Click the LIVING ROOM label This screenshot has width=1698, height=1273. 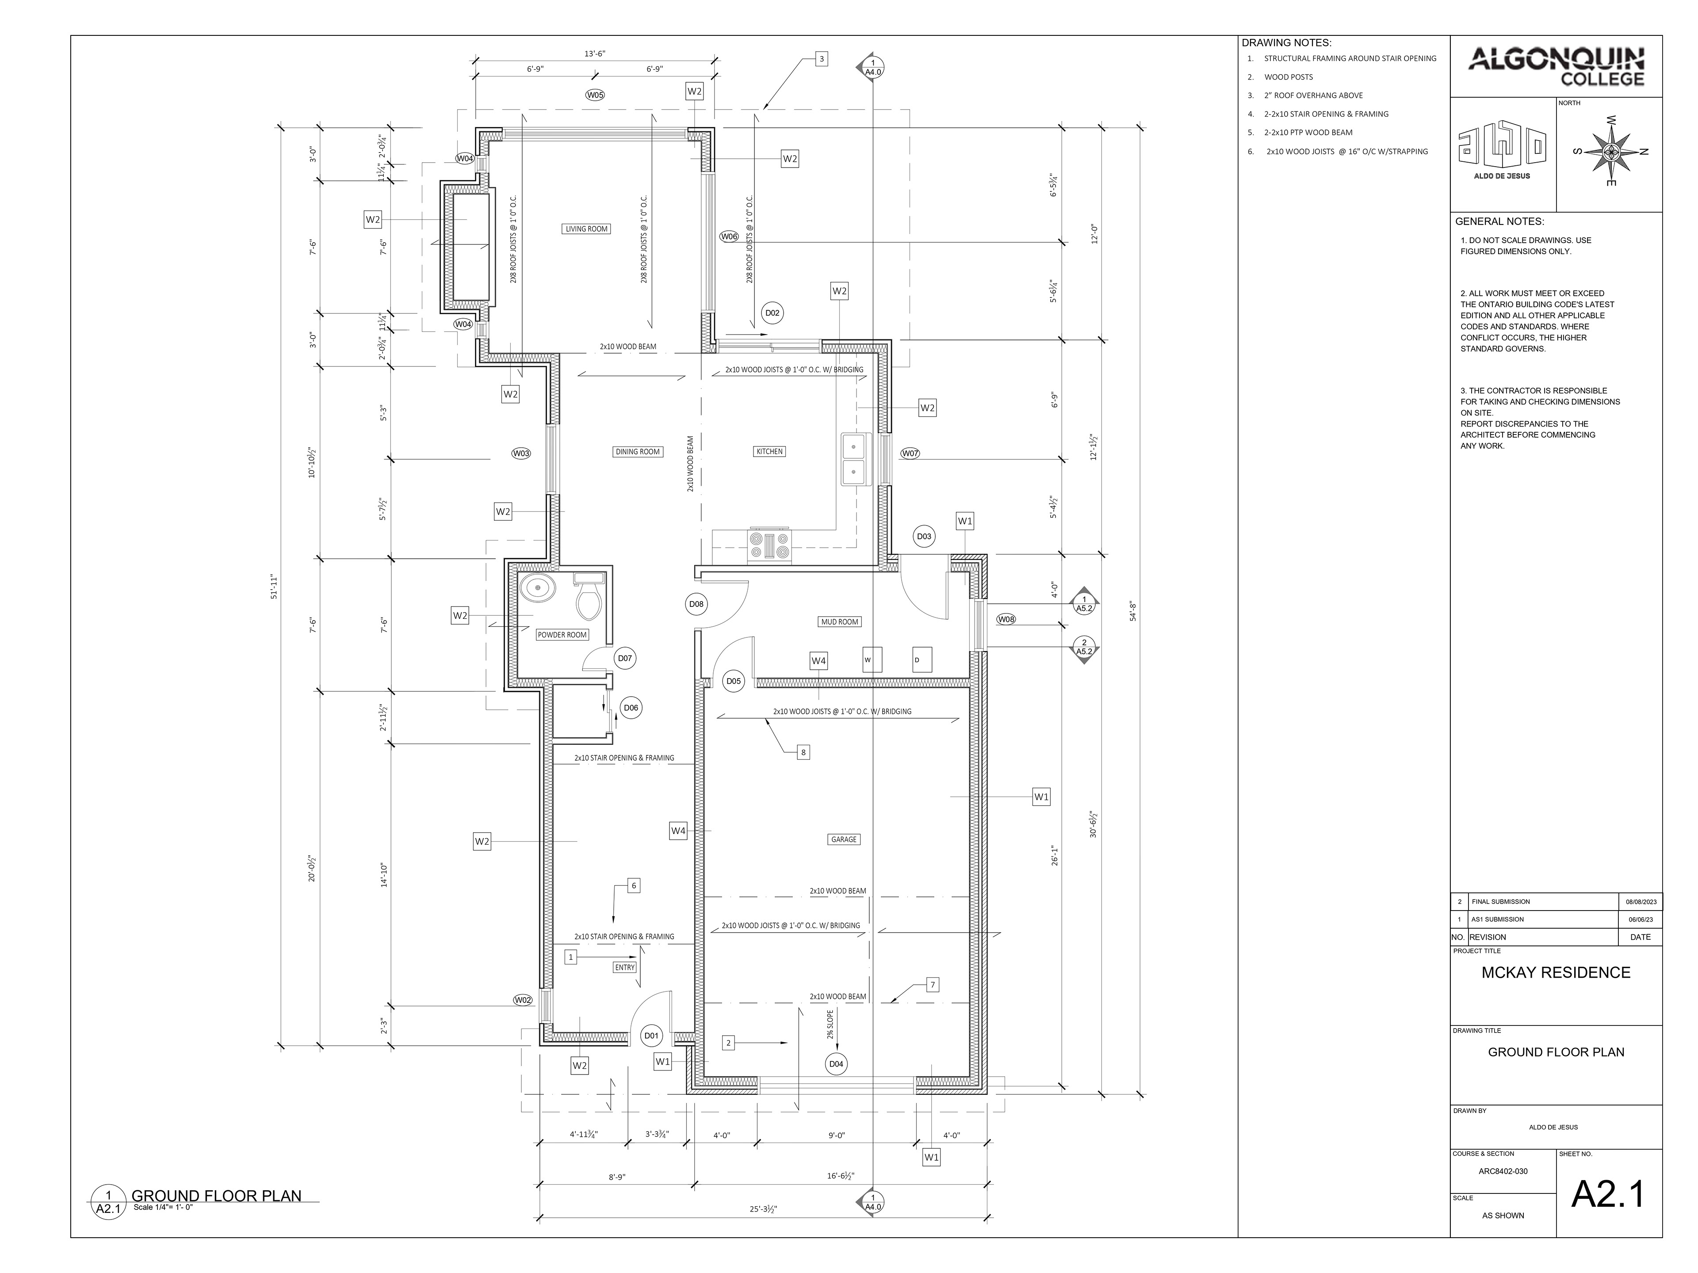coord(586,229)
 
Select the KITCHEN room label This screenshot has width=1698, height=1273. coord(769,451)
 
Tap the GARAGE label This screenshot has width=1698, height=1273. coord(844,839)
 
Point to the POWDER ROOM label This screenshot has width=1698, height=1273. coord(562,635)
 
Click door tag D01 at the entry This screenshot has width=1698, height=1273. coord(651,1036)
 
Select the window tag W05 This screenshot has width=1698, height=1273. coord(595,95)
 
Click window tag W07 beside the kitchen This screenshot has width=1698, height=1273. coord(910,454)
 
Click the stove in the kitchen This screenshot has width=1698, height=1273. coord(769,545)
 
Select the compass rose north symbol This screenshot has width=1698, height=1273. coord(1610,151)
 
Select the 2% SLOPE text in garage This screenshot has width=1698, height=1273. coord(830,1024)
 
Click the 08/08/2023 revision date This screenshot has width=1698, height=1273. coord(1641,902)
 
